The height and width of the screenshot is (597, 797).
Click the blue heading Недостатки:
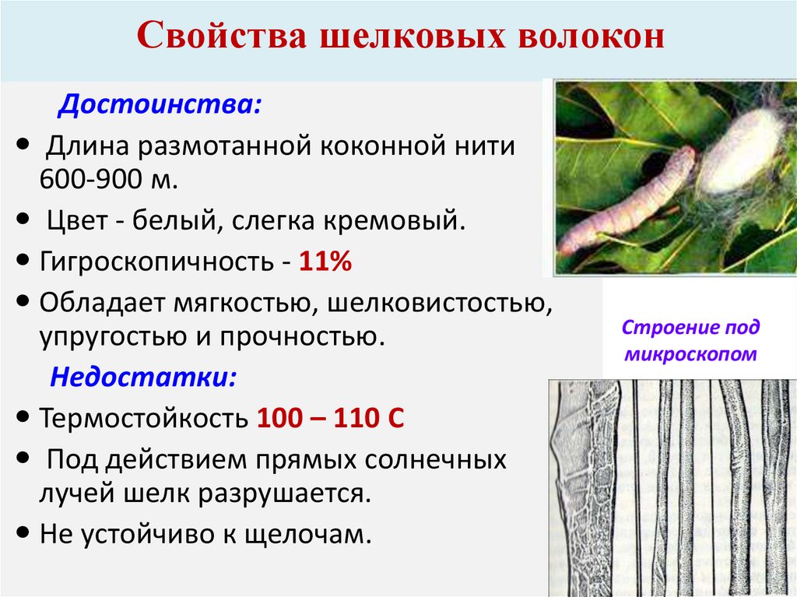coord(144,378)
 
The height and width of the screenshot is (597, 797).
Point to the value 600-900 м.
coord(109,181)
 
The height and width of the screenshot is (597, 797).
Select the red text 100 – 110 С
coord(330,418)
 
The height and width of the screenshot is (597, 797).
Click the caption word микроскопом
coord(690,355)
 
